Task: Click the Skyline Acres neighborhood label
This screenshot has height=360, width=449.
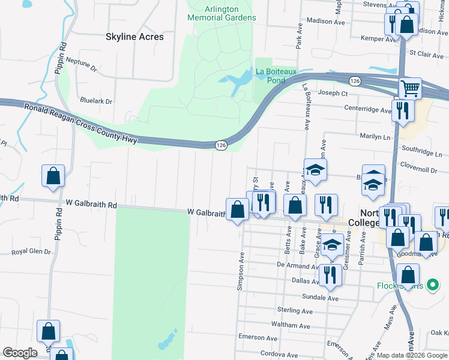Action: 134,37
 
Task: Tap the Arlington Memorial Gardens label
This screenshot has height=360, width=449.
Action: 221,13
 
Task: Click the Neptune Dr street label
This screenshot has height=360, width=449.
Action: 82,64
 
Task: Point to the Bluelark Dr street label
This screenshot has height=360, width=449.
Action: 95,101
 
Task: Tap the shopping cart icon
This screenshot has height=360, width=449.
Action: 410,89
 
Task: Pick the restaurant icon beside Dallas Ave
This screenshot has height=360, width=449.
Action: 330,275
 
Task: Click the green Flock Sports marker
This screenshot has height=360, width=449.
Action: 430,286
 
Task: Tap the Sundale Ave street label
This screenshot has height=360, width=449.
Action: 322,298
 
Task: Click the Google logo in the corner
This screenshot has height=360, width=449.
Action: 20,353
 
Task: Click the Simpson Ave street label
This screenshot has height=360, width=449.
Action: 241,272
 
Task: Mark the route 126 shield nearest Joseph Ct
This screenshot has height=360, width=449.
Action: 355,80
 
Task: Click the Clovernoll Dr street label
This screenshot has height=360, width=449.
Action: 419,170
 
